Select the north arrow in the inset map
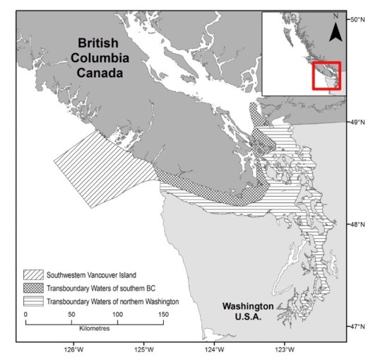click(337, 29)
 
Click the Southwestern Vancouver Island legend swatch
click(34, 274)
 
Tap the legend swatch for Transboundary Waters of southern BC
click(34, 288)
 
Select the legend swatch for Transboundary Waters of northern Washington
click(34, 301)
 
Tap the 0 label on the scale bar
click(25, 313)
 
